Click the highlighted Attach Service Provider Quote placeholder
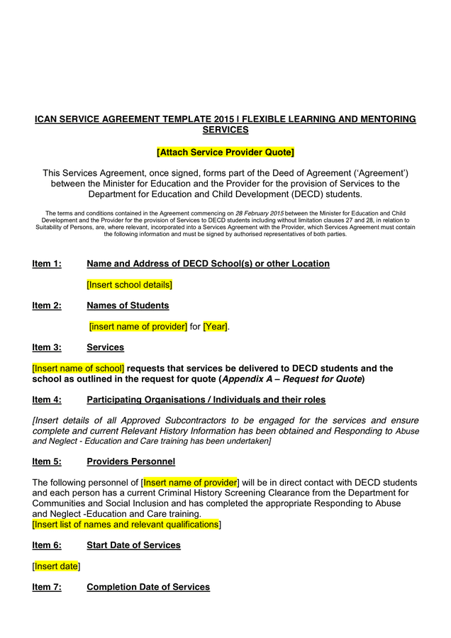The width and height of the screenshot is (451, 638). (225, 152)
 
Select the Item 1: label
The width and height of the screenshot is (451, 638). (47, 264)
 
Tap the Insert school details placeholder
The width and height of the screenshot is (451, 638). (130, 285)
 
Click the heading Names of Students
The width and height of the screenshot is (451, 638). (128, 306)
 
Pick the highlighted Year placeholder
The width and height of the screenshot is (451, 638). (216, 327)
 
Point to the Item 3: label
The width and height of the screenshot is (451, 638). (47, 347)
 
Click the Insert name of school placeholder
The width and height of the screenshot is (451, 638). (78, 369)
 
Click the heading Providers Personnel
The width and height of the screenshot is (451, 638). (130, 461)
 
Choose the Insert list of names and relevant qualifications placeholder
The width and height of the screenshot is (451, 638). (126, 525)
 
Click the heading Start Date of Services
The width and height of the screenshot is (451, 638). (133, 545)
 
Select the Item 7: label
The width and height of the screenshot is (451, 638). (47, 587)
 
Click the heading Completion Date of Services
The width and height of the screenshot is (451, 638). (148, 587)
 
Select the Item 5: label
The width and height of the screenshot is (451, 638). (47, 461)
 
